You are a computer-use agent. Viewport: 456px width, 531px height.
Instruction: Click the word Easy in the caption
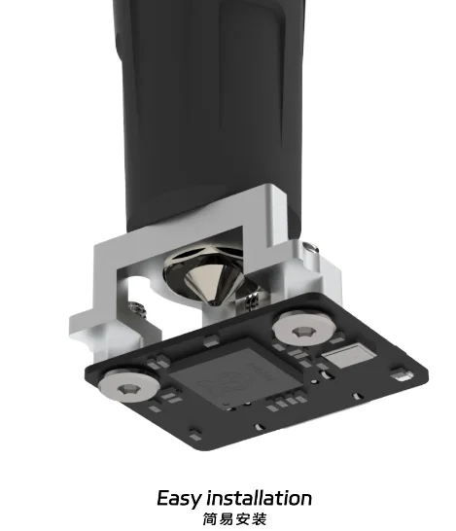pyautogui.click(x=180, y=499)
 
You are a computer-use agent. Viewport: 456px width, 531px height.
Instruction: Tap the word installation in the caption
pyautogui.click(x=261, y=499)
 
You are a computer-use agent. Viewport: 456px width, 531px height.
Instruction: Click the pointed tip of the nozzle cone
pyautogui.click(x=213, y=302)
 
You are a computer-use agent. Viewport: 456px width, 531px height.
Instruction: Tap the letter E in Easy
pyautogui.click(x=164, y=499)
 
